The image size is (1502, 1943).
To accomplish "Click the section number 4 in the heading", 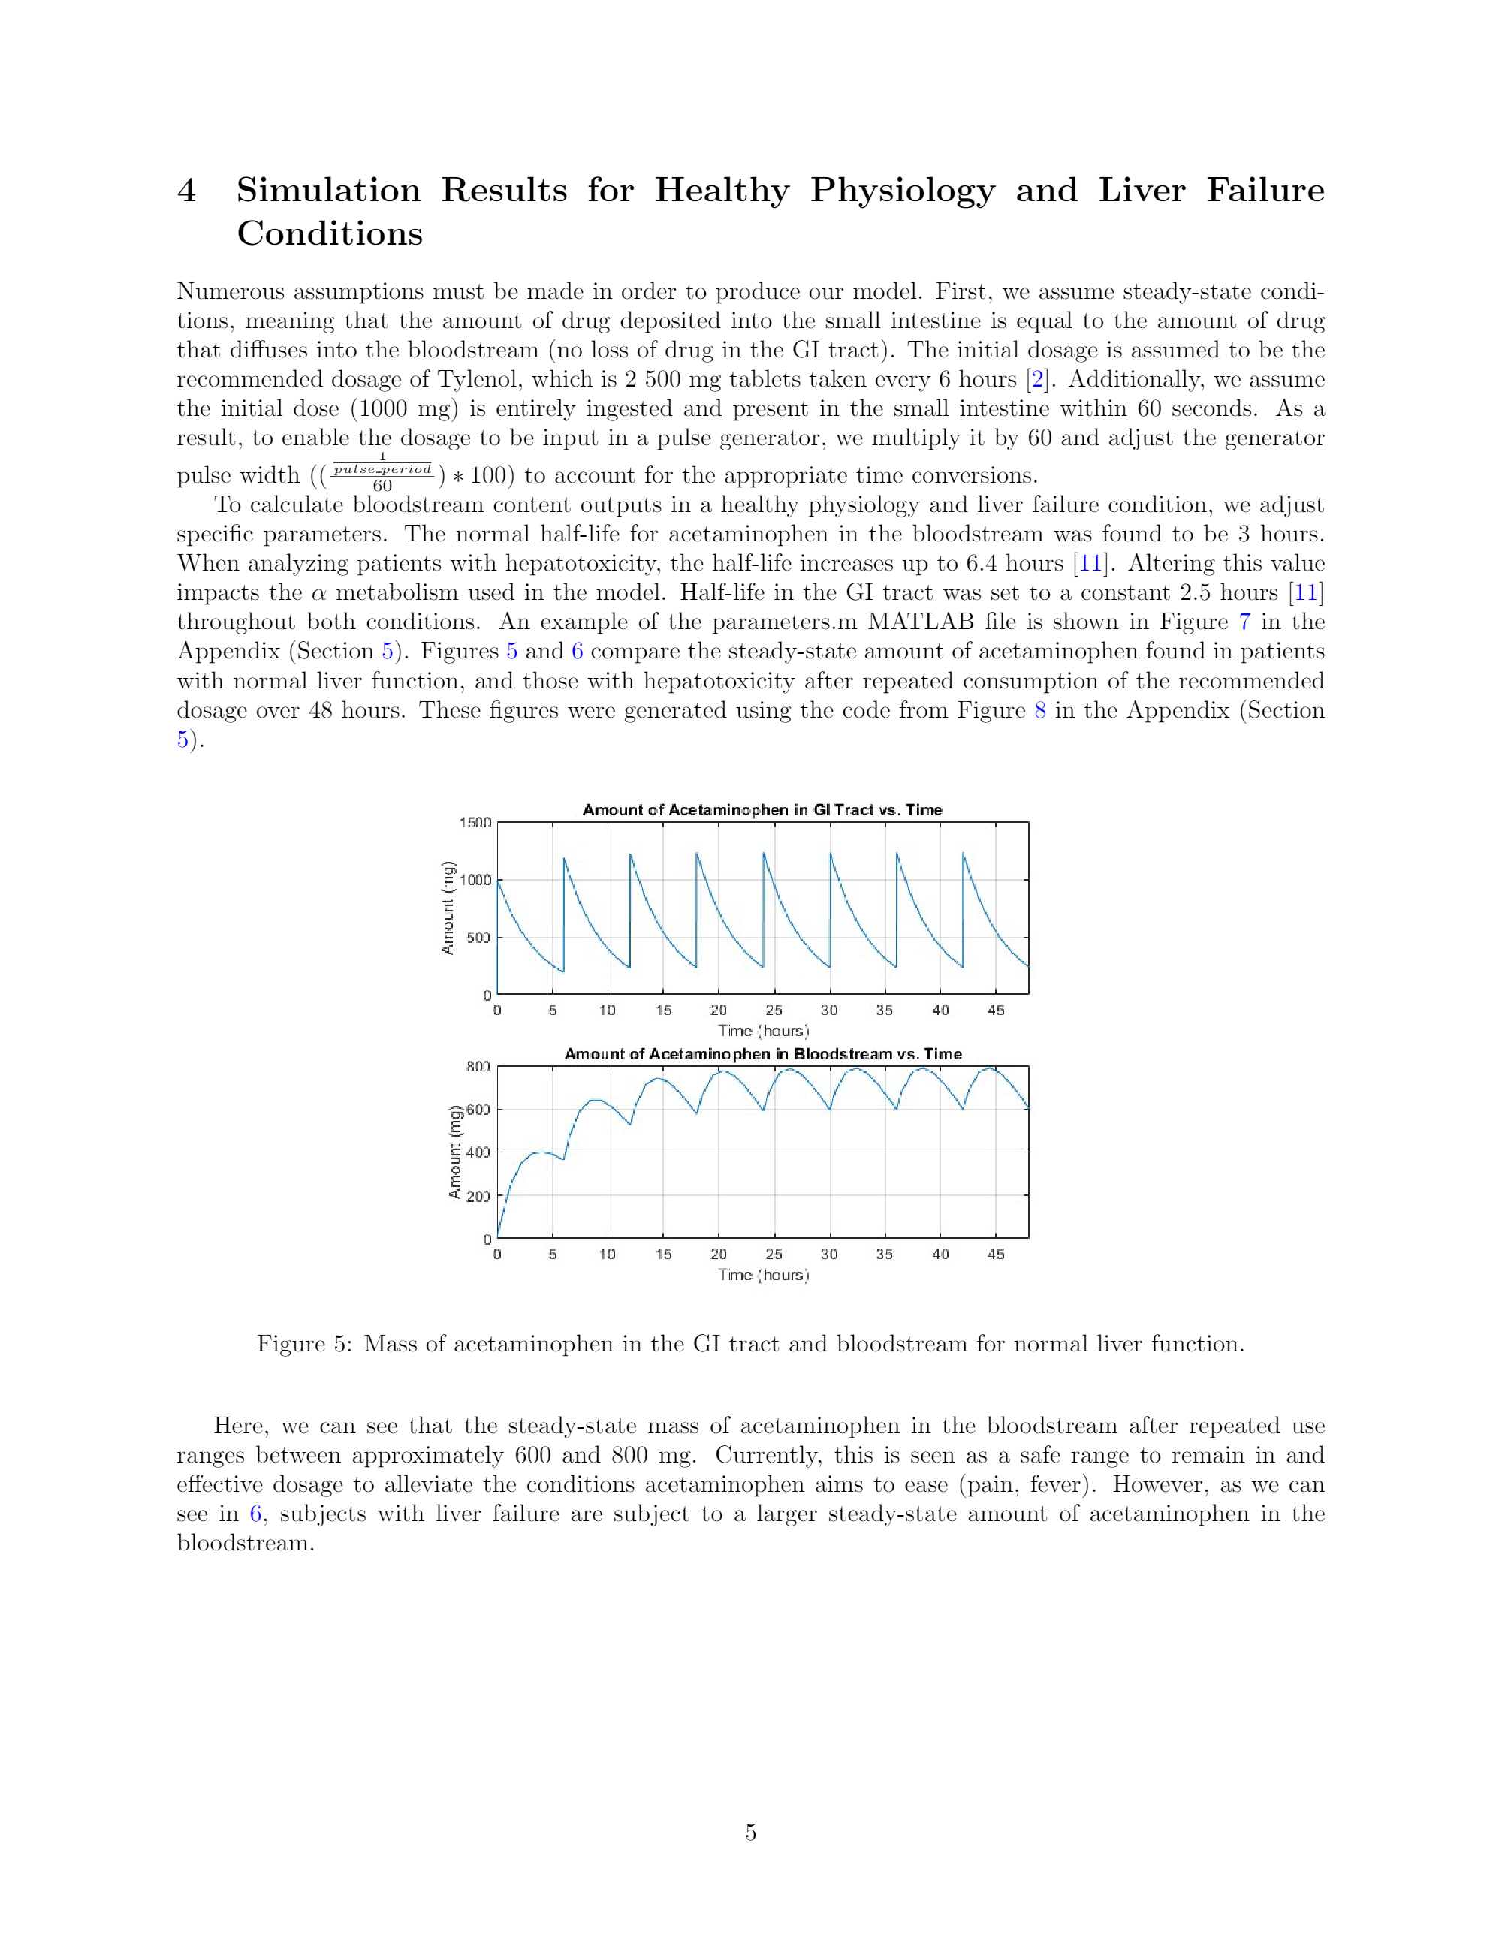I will tap(187, 191).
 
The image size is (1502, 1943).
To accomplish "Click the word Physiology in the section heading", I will tap(901, 191).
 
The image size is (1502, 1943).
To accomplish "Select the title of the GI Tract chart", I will tap(762, 809).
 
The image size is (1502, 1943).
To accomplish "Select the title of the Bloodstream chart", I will tap(762, 1053).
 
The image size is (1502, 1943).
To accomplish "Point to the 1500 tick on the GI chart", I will tap(475, 822).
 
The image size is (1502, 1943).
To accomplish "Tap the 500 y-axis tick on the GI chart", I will tap(478, 937).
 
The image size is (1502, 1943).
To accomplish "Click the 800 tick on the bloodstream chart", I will tap(478, 1066).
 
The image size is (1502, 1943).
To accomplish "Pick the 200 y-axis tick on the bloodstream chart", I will tap(478, 1196).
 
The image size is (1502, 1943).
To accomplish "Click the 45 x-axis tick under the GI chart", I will tap(996, 1010).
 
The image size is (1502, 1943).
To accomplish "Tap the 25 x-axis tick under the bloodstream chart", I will tap(774, 1254).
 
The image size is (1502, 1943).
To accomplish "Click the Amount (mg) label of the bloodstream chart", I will tap(454, 1152).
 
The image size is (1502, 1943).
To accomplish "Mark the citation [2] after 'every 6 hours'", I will tap(1036, 379).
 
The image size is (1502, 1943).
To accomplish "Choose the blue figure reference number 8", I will tap(1039, 710).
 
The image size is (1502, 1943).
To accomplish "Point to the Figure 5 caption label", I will tap(303, 1343).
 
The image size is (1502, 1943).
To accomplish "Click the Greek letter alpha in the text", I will tap(318, 593).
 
